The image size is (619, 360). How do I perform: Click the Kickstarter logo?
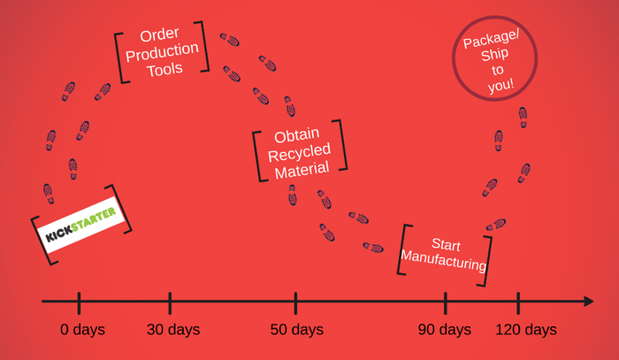pos(81,225)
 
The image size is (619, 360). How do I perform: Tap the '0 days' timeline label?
pos(82,330)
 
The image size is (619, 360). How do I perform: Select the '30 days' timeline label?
pos(173,330)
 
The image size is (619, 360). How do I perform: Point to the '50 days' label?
pos(297,330)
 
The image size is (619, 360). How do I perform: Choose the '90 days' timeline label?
pos(445,330)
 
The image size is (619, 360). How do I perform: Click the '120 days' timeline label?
pos(526,330)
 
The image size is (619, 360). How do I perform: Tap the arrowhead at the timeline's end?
pos(589,302)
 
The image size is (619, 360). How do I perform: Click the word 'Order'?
pos(159,34)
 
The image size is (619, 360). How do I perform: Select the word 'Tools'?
pos(164,70)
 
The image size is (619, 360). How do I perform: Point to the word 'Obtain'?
pos(297,135)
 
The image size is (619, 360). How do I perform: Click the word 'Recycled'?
pos(299,153)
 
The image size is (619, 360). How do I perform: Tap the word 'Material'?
pos(302,171)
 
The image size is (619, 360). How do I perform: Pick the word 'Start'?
pos(446,244)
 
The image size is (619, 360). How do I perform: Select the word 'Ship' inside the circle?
pos(494,54)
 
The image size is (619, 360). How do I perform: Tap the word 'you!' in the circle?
pos(501,86)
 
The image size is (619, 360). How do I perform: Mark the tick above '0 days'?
pos(79,303)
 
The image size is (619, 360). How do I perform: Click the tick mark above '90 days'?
pos(446,303)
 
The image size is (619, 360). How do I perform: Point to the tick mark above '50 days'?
pos(295,303)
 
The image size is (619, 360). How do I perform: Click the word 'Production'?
pos(162,51)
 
